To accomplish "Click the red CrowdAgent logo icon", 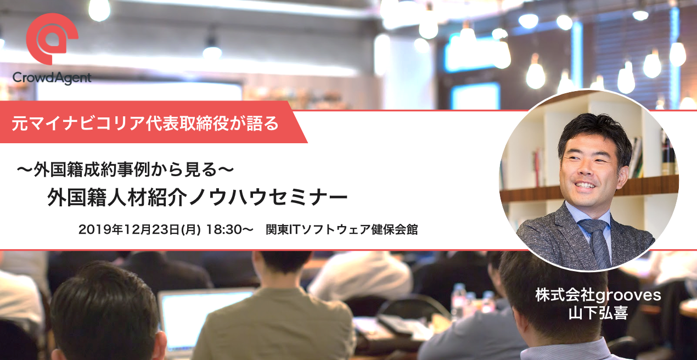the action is [x=52, y=39].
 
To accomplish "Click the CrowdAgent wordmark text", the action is [x=52, y=78].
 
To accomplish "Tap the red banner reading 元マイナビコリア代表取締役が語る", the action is [x=145, y=123].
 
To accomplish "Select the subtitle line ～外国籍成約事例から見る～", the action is [x=125, y=170].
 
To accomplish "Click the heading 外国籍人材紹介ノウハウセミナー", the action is [x=197, y=197].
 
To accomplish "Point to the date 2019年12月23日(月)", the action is [x=139, y=229].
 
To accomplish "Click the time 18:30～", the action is [x=229, y=229].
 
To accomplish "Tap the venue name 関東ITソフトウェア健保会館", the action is [x=342, y=229].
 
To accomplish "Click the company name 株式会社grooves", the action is [x=598, y=295].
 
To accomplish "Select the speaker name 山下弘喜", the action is [x=598, y=313].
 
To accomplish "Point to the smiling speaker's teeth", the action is [x=585, y=185].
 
